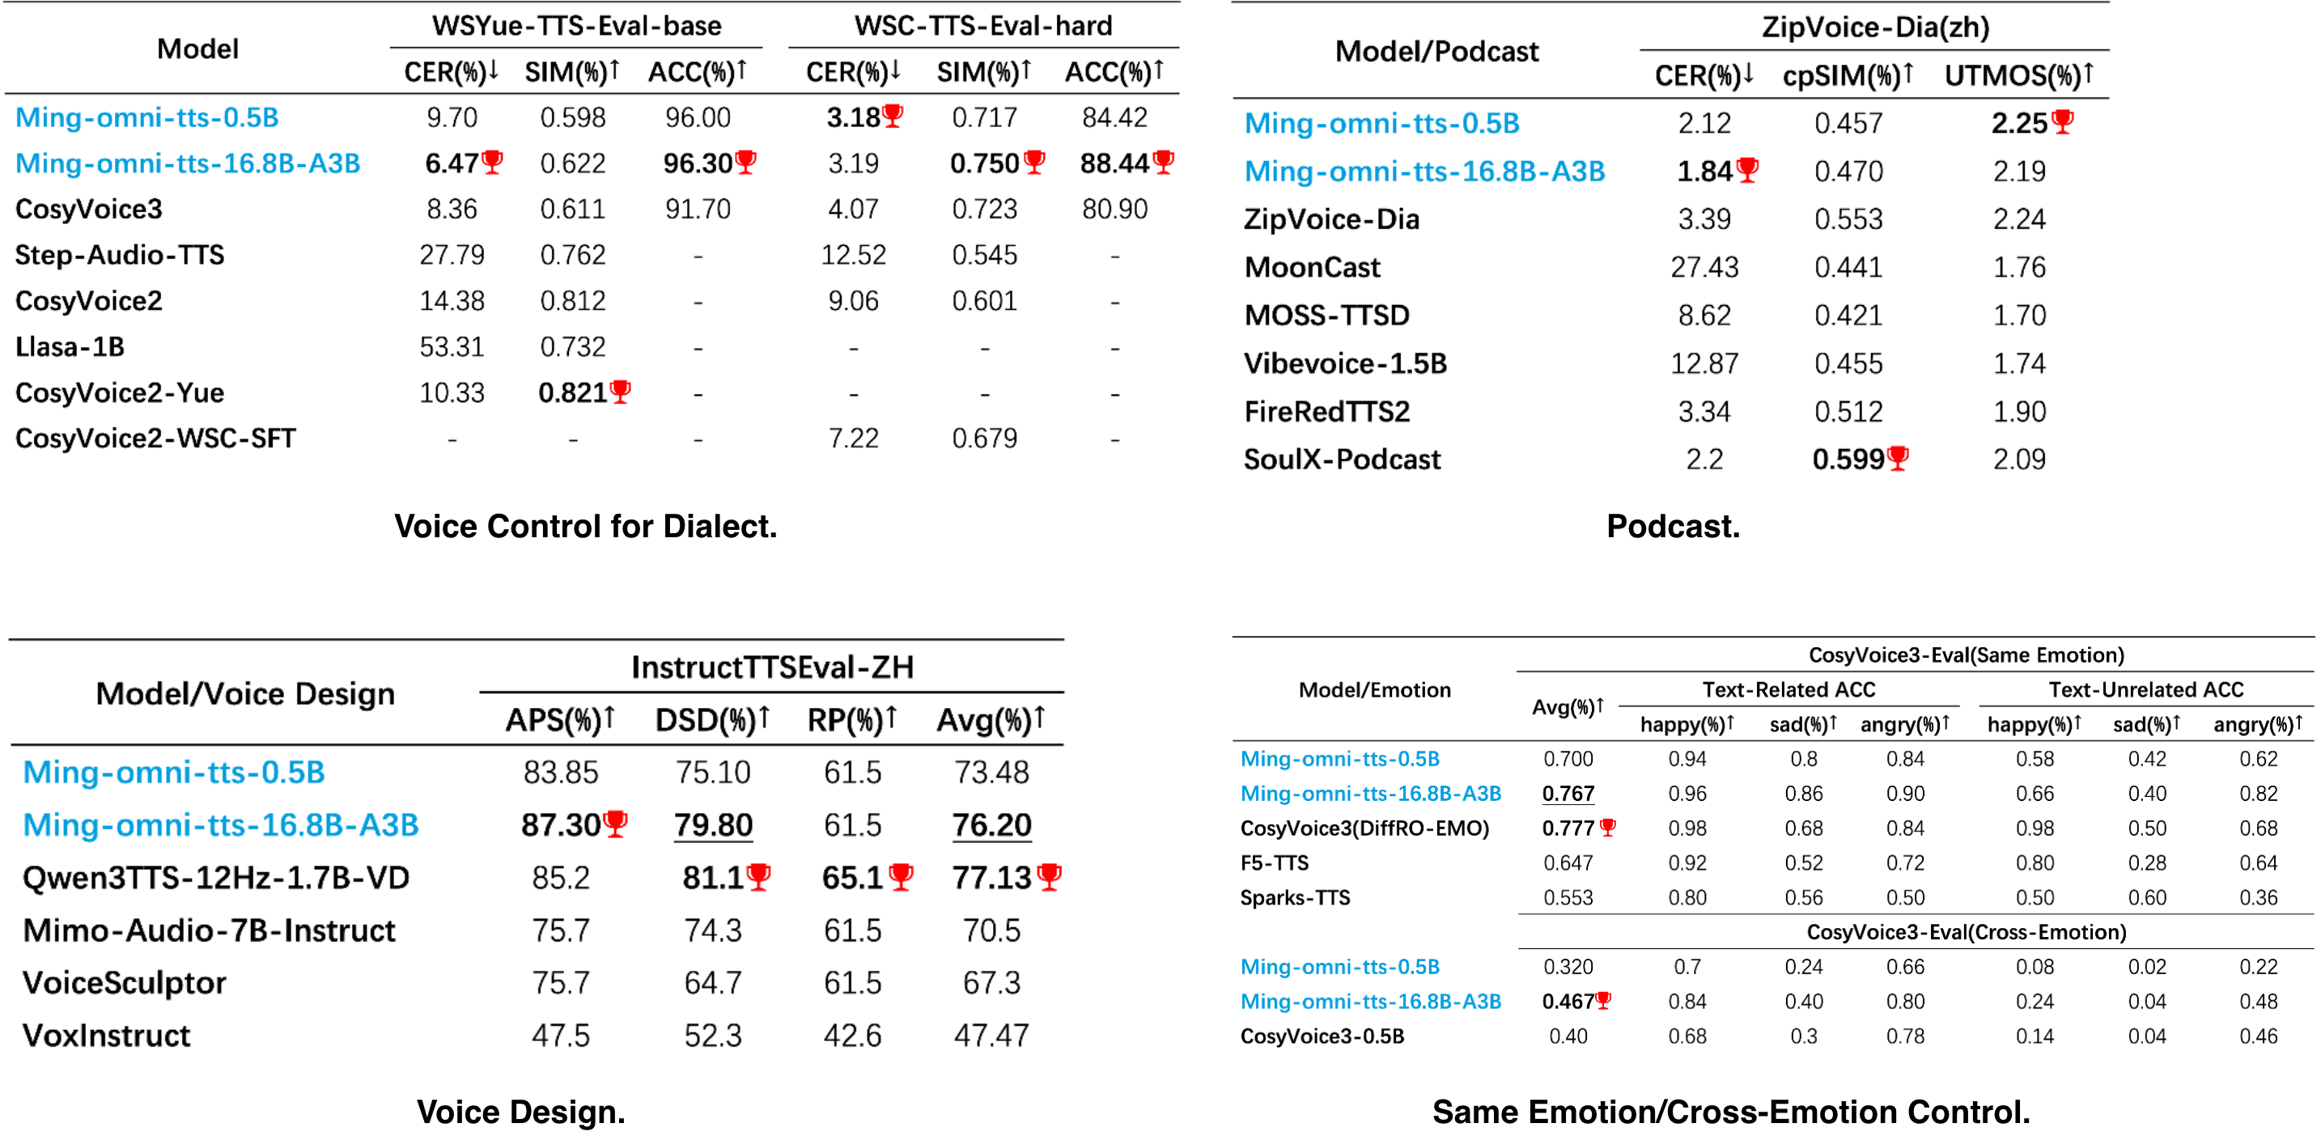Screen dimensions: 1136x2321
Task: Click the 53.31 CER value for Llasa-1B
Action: point(452,347)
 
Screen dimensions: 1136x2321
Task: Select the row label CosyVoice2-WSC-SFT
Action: point(155,439)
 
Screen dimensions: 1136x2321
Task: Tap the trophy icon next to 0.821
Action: point(620,391)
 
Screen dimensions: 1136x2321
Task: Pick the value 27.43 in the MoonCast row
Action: point(1704,268)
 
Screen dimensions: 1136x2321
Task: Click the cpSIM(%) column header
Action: point(1846,74)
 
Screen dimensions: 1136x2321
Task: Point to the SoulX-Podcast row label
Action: point(1342,460)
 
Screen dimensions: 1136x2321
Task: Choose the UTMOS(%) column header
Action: point(2018,74)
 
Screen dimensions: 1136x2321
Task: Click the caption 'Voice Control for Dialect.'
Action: point(586,526)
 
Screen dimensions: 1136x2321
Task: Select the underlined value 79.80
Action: point(713,825)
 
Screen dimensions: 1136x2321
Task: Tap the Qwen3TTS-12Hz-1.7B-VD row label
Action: point(216,877)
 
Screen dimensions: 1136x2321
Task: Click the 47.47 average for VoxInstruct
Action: point(991,1035)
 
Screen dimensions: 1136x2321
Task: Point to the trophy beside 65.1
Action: point(901,875)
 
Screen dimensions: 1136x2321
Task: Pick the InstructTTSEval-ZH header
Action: point(772,668)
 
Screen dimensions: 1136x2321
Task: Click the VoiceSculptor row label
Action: point(125,983)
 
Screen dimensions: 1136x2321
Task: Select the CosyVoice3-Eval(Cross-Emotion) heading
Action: point(1966,931)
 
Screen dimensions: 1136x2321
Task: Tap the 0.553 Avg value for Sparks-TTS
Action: point(1568,897)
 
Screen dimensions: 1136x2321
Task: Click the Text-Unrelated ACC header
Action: point(2145,690)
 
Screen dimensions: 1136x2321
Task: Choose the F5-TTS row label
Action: point(1274,863)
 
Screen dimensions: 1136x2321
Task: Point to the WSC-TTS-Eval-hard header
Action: point(983,26)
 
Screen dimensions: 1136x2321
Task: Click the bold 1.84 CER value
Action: point(1704,172)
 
